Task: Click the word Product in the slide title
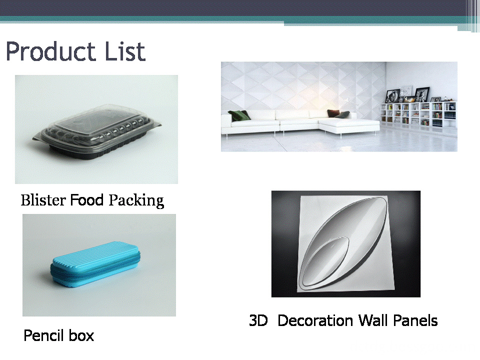50,51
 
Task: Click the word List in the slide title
125,51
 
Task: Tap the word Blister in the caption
43,200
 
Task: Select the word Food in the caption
87,200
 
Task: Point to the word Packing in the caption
136,201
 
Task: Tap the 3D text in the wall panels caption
258,320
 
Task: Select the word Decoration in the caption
315,320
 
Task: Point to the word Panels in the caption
415,320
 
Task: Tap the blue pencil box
95,265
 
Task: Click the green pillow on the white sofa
239,115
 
